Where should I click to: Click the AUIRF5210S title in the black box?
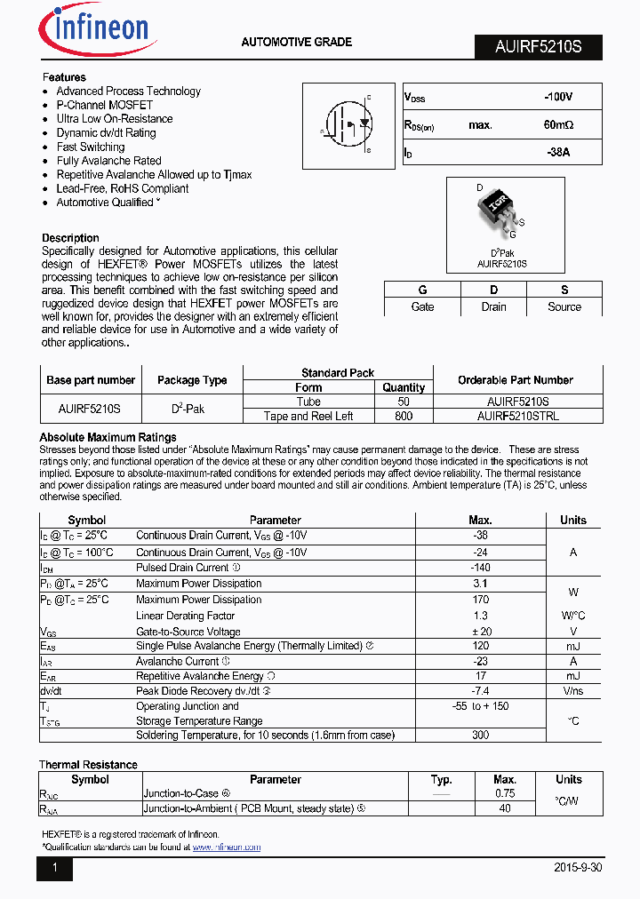tap(538, 47)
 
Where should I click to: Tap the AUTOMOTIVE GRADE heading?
tap(297, 42)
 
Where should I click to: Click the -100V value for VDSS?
tap(558, 97)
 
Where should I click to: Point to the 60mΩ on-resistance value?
tap(558, 125)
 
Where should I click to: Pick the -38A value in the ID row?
tap(558, 153)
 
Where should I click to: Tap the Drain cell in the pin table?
tap(493, 306)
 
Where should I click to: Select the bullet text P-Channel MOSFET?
tap(104, 105)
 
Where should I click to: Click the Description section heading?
tap(70, 238)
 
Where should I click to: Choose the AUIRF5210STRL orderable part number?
tap(517, 416)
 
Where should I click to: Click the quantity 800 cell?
tap(404, 416)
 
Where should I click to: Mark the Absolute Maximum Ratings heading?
tap(108, 437)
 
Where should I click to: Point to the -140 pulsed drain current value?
tap(480, 568)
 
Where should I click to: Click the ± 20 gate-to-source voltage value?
tap(480, 632)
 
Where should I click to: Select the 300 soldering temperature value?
tap(480, 735)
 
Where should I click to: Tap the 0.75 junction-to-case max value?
tap(505, 793)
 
